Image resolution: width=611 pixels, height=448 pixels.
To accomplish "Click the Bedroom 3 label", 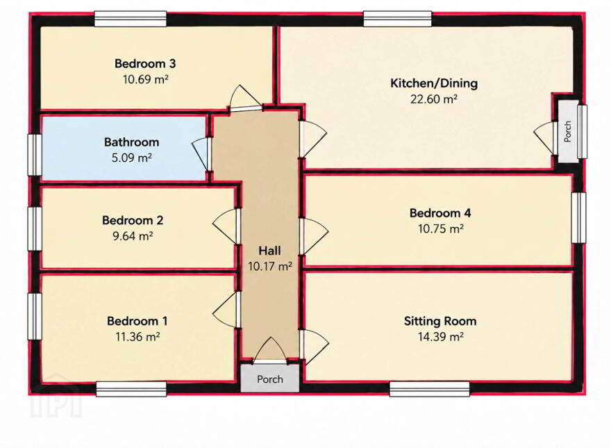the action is [145, 63].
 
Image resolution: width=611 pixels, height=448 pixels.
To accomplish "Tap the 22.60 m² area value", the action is [434, 99].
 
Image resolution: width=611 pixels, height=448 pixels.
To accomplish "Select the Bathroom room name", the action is [132, 142].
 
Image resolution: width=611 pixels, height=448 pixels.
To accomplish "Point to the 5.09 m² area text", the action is [132, 158].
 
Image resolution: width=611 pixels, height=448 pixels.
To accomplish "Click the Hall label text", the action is [269, 250].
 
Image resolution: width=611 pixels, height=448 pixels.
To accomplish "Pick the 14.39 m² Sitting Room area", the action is [440, 336].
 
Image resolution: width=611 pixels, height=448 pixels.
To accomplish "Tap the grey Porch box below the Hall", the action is [270, 379].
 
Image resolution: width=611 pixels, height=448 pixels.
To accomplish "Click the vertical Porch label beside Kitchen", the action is [567, 131].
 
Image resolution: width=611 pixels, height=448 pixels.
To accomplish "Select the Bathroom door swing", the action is [201, 154].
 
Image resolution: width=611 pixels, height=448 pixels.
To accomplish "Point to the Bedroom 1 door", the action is [226, 310].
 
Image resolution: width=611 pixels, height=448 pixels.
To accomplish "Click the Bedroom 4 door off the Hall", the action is [314, 236].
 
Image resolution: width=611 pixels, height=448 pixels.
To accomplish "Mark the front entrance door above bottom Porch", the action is [270, 351].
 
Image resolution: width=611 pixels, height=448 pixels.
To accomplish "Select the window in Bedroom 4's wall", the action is [578, 217].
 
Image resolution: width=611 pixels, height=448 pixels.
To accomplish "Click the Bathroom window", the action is [34, 155].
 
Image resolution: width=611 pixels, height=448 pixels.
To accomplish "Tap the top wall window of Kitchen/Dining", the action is [397, 19].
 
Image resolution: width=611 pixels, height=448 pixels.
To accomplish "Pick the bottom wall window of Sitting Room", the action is [429, 389].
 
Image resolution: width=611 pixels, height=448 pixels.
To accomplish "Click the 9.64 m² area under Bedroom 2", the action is [133, 236].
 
